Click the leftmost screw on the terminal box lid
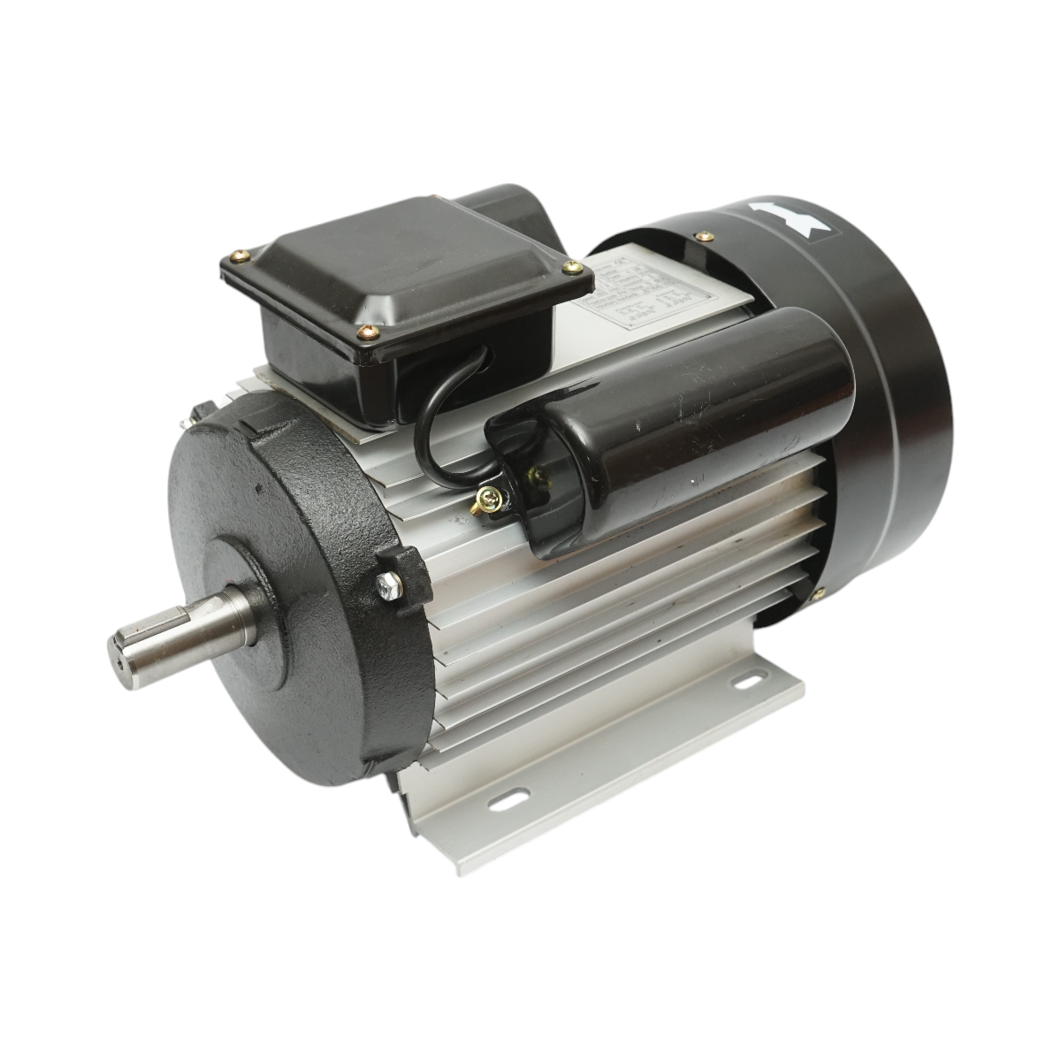(240, 257)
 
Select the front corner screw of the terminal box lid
(367, 332)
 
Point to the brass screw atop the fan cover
(703, 236)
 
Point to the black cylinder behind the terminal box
(508, 212)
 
